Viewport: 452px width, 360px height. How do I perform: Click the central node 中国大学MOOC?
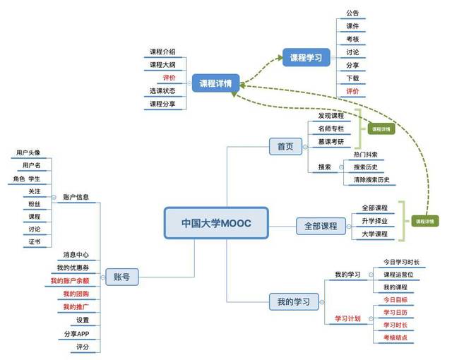[216, 223]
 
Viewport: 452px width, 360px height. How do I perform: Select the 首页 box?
[285, 146]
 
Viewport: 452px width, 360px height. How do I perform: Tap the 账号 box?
[121, 277]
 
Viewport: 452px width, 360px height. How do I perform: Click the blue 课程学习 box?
[306, 58]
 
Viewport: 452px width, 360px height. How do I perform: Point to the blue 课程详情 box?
[217, 82]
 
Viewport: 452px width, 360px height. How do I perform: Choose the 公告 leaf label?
[352, 13]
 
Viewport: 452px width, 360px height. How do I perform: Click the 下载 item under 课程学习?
[352, 78]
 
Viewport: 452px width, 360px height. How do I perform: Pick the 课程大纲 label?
[162, 65]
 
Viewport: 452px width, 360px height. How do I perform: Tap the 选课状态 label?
[162, 91]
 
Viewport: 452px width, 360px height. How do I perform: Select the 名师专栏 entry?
[331, 128]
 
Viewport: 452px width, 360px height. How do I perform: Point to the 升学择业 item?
[374, 221]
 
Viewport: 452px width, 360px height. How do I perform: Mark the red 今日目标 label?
[395, 299]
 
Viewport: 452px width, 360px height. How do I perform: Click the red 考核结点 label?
[395, 338]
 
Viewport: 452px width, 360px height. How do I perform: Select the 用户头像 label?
[28, 152]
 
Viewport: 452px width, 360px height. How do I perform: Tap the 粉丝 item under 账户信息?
[35, 204]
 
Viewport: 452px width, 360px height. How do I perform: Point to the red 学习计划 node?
[347, 318]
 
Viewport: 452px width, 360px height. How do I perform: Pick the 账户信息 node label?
[76, 197]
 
